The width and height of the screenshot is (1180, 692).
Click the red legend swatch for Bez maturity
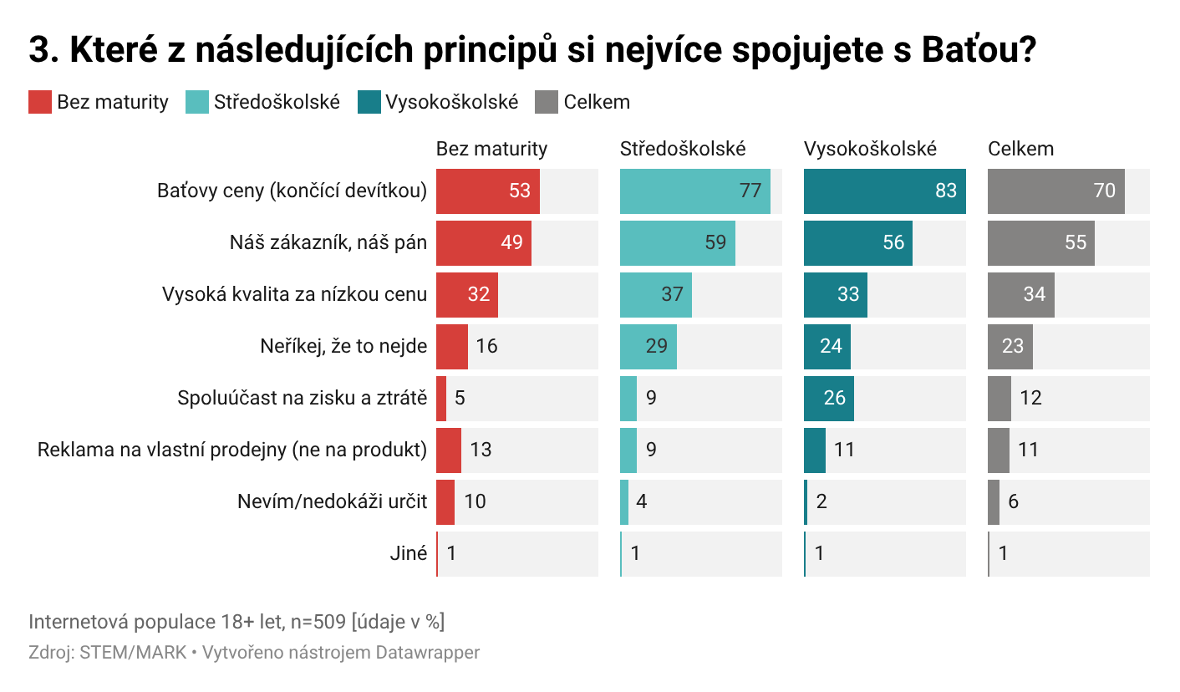coord(40,102)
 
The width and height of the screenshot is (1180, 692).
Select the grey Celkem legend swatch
coord(547,102)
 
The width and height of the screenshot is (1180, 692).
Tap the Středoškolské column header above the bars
coord(683,149)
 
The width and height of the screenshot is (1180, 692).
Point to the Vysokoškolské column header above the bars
coord(870,149)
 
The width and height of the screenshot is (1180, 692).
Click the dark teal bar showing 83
coord(885,191)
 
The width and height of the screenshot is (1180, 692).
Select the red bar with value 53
coord(488,191)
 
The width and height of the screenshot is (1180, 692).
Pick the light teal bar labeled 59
coord(678,242)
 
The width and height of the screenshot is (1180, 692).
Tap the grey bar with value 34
coord(1021,295)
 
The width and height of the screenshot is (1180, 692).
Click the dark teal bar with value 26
coord(829,399)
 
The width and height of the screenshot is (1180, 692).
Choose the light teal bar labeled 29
coord(648,347)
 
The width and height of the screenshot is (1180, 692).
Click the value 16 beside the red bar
coord(486,346)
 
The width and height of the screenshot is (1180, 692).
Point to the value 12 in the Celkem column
coord(1031,398)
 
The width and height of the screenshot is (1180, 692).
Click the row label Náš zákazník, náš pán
coord(328,242)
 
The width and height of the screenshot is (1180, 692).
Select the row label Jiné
coord(409,553)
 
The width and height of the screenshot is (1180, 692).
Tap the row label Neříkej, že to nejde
coord(343,347)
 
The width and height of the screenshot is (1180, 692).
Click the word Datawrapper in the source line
coord(428,653)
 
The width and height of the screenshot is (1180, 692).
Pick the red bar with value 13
coord(449,450)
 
